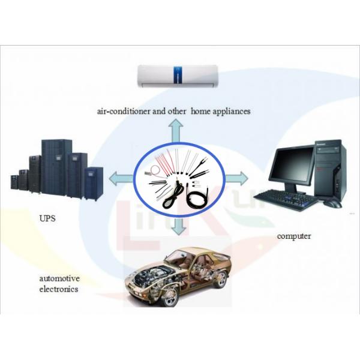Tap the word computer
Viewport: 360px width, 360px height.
tap(293, 236)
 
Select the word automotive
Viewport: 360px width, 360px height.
tap(59, 279)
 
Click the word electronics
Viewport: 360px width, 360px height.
tap(58, 289)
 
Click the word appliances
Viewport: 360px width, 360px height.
tap(228, 111)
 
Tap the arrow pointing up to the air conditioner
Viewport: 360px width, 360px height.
tap(176, 129)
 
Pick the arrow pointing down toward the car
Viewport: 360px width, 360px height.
tap(176, 227)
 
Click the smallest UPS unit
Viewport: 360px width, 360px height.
tap(14, 180)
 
